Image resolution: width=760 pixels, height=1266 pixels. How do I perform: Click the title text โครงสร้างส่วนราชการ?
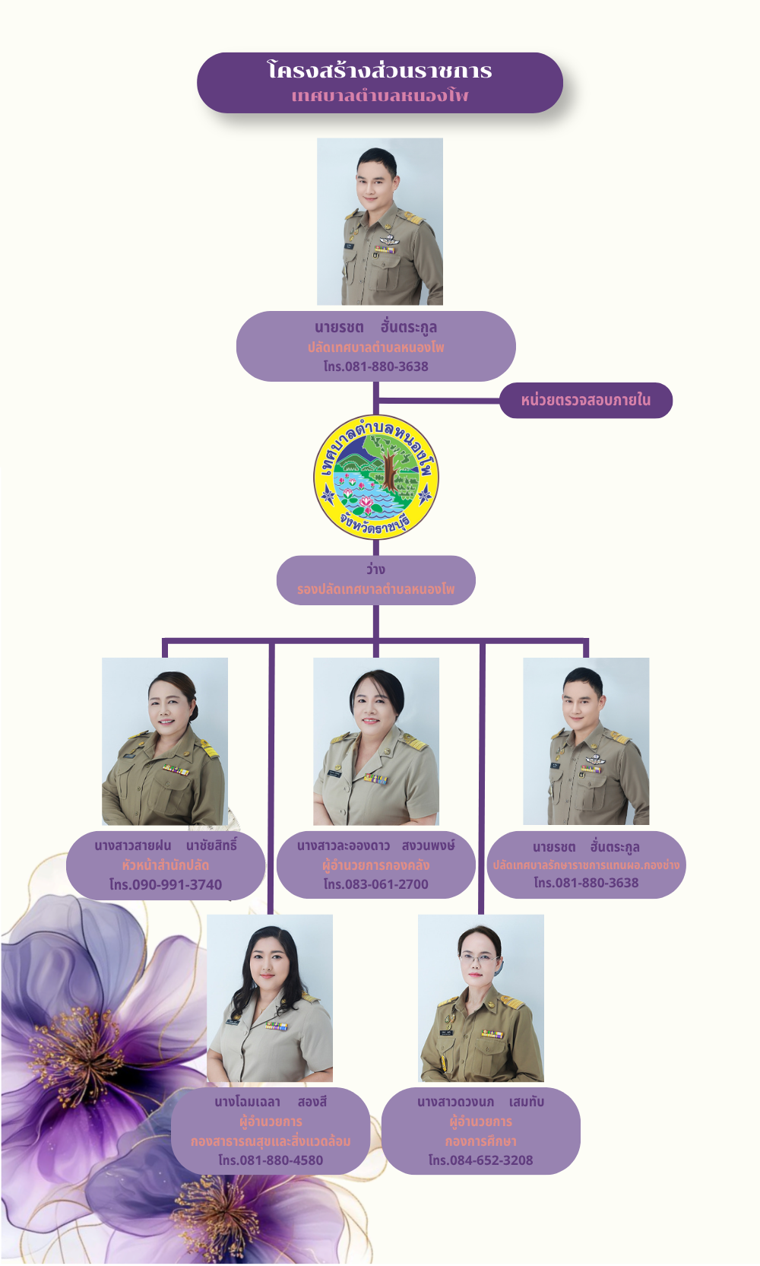click(x=380, y=71)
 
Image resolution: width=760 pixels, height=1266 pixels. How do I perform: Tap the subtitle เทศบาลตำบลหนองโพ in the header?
click(x=380, y=97)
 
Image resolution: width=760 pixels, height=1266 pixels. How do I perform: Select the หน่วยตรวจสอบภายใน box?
click(x=585, y=400)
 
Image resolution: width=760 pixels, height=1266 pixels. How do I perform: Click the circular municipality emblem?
click(x=376, y=476)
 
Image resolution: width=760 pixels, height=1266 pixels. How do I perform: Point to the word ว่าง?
click(x=375, y=569)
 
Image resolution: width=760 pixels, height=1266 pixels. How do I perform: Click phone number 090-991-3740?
click(x=166, y=884)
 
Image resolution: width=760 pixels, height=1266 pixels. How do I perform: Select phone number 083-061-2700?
click(x=376, y=884)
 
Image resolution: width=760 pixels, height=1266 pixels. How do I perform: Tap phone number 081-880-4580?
click(x=271, y=1160)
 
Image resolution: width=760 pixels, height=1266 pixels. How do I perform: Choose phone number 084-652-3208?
click(x=480, y=1160)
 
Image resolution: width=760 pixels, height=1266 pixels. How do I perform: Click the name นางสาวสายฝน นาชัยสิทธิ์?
click(x=166, y=845)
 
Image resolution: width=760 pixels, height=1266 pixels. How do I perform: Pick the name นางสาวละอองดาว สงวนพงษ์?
click(x=376, y=845)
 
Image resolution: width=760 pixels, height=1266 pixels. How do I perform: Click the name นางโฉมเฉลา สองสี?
click(x=271, y=1102)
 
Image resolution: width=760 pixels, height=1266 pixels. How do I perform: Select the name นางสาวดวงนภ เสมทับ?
click(x=480, y=1102)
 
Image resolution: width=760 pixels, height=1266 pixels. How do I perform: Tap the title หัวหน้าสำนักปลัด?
click(x=166, y=865)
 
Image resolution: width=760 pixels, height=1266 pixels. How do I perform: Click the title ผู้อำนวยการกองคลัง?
click(x=376, y=865)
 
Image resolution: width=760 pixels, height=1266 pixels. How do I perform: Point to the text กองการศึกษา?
click(x=480, y=1141)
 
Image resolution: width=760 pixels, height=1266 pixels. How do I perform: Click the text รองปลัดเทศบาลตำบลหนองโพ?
click(x=376, y=589)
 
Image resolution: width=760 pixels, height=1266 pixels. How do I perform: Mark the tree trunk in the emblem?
click(x=389, y=468)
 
